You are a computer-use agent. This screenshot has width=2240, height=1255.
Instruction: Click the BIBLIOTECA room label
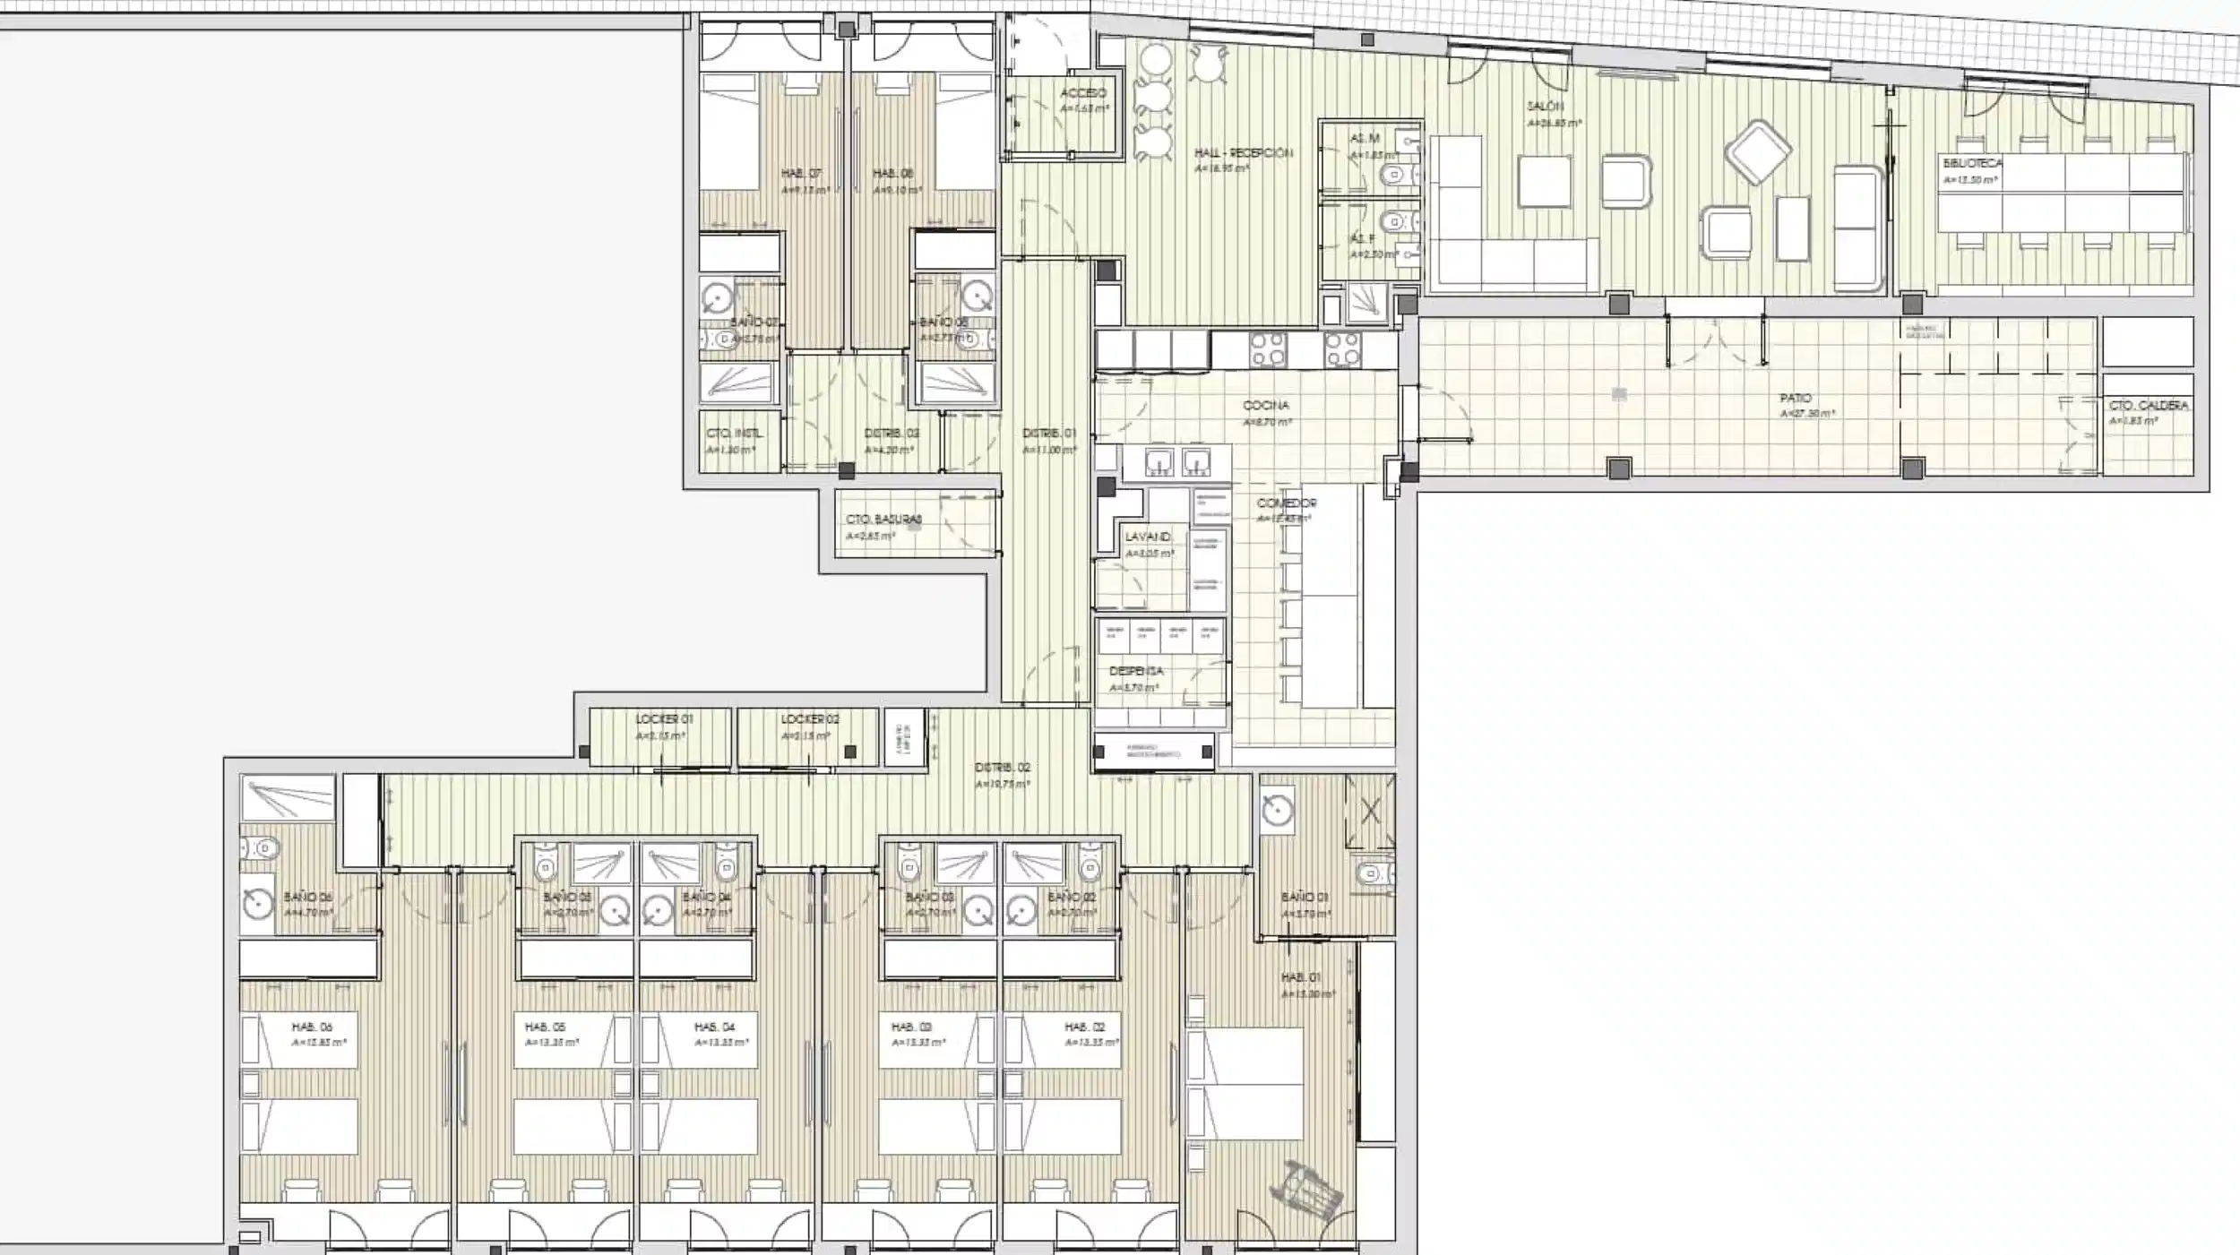(x=1972, y=164)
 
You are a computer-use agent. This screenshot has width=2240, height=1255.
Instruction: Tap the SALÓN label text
(x=1544, y=107)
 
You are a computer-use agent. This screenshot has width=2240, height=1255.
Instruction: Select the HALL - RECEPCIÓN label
(x=1244, y=153)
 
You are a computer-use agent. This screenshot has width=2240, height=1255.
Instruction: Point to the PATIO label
(x=1796, y=398)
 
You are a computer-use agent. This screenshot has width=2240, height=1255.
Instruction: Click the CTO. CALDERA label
(x=2149, y=406)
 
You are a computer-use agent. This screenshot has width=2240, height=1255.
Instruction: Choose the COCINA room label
(x=1266, y=406)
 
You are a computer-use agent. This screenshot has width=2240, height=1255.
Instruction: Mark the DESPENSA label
(x=1136, y=671)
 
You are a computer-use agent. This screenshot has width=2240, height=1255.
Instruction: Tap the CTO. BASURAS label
(x=883, y=520)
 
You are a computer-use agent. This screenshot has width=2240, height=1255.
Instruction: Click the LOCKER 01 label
(x=664, y=719)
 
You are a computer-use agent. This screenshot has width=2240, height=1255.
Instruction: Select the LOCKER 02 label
(x=810, y=719)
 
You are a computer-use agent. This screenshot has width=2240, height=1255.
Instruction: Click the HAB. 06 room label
(x=312, y=1027)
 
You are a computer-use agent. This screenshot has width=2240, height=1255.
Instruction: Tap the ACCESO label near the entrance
(x=1083, y=93)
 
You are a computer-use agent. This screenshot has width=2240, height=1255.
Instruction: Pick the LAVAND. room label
(x=1148, y=537)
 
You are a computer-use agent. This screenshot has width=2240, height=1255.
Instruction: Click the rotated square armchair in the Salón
(x=1758, y=152)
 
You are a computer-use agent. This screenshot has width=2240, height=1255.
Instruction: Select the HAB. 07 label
(x=801, y=174)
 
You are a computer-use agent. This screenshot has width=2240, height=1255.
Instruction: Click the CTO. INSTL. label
(x=735, y=434)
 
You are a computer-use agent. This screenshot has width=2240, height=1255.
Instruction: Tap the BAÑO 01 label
(x=1305, y=897)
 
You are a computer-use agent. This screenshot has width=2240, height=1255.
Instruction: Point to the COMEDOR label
(x=1287, y=503)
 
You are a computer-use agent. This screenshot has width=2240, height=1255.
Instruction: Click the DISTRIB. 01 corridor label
(x=1049, y=434)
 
